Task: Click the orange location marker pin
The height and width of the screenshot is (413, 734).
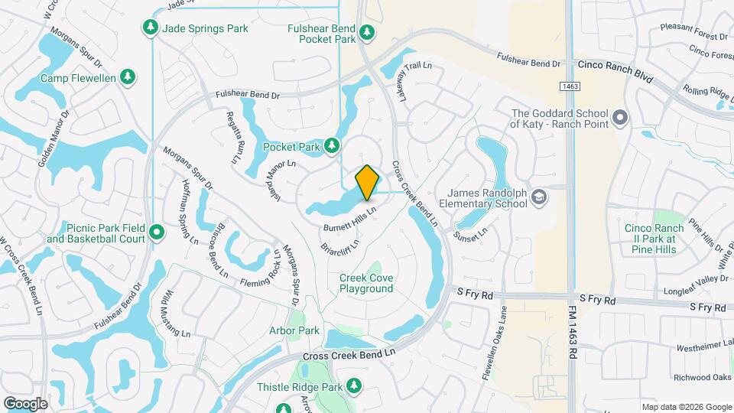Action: coord(367,182)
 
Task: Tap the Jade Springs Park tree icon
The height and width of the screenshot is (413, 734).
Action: coord(151,28)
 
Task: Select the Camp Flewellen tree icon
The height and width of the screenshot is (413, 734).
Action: coord(128,77)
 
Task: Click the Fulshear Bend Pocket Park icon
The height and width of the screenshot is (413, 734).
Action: coord(367,32)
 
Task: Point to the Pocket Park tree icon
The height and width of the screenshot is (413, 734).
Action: coord(332,145)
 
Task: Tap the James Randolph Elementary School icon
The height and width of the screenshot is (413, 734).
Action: coord(539,198)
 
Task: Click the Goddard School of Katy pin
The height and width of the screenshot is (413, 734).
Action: coord(620,119)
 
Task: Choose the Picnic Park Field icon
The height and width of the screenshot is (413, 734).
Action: coord(157,231)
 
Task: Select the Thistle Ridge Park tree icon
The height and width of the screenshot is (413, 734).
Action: coord(353,386)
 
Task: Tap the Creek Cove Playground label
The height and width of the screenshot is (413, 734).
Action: coord(366,283)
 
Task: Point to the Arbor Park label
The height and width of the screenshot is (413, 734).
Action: coord(294,330)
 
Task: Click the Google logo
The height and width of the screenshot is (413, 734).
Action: coord(25,403)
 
